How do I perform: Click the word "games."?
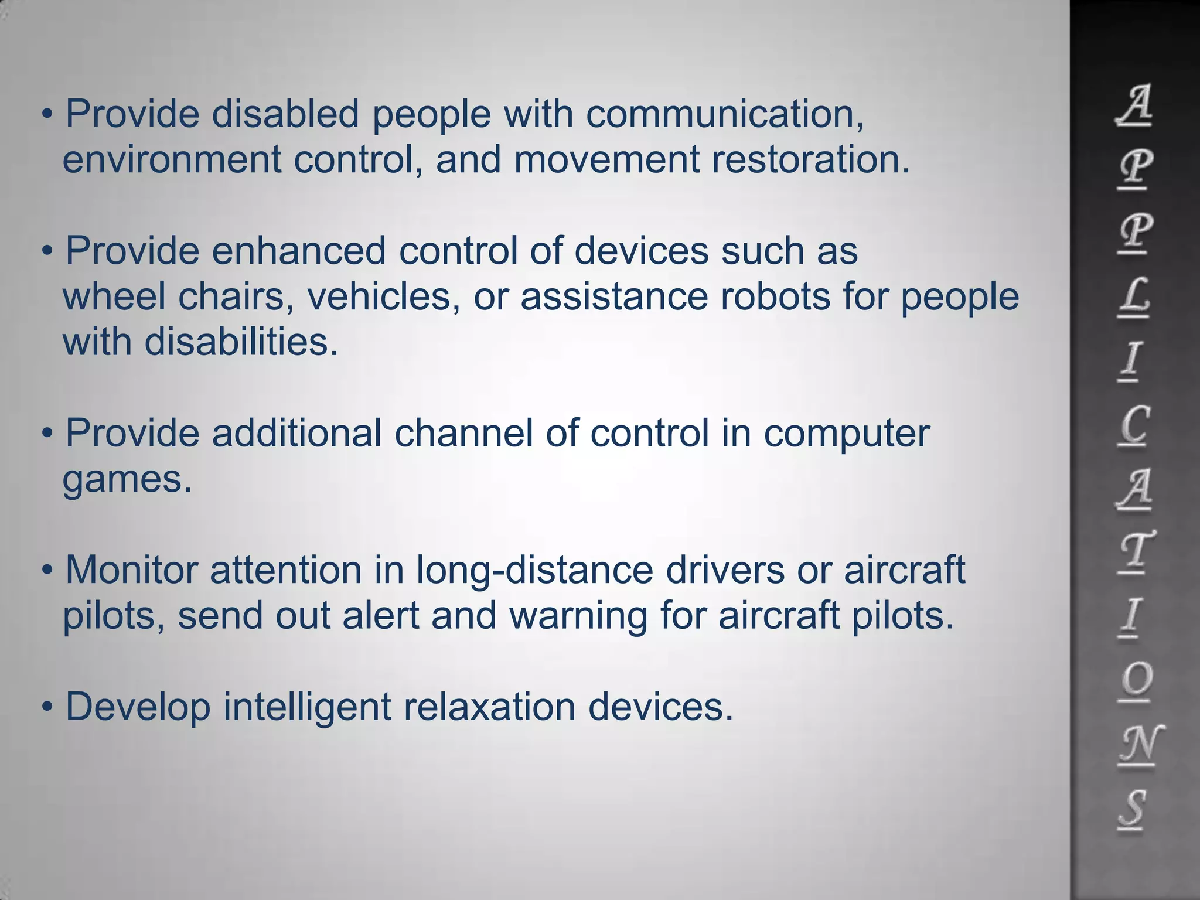click(x=127, y=480)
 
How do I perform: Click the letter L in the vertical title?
click(x=1133, y=297)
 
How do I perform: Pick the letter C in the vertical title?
click(x=1133, y=425)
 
